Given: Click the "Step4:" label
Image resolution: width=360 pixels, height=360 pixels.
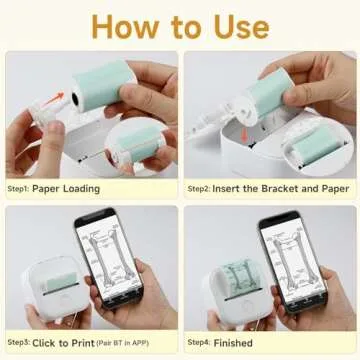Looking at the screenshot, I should [201, 342].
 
